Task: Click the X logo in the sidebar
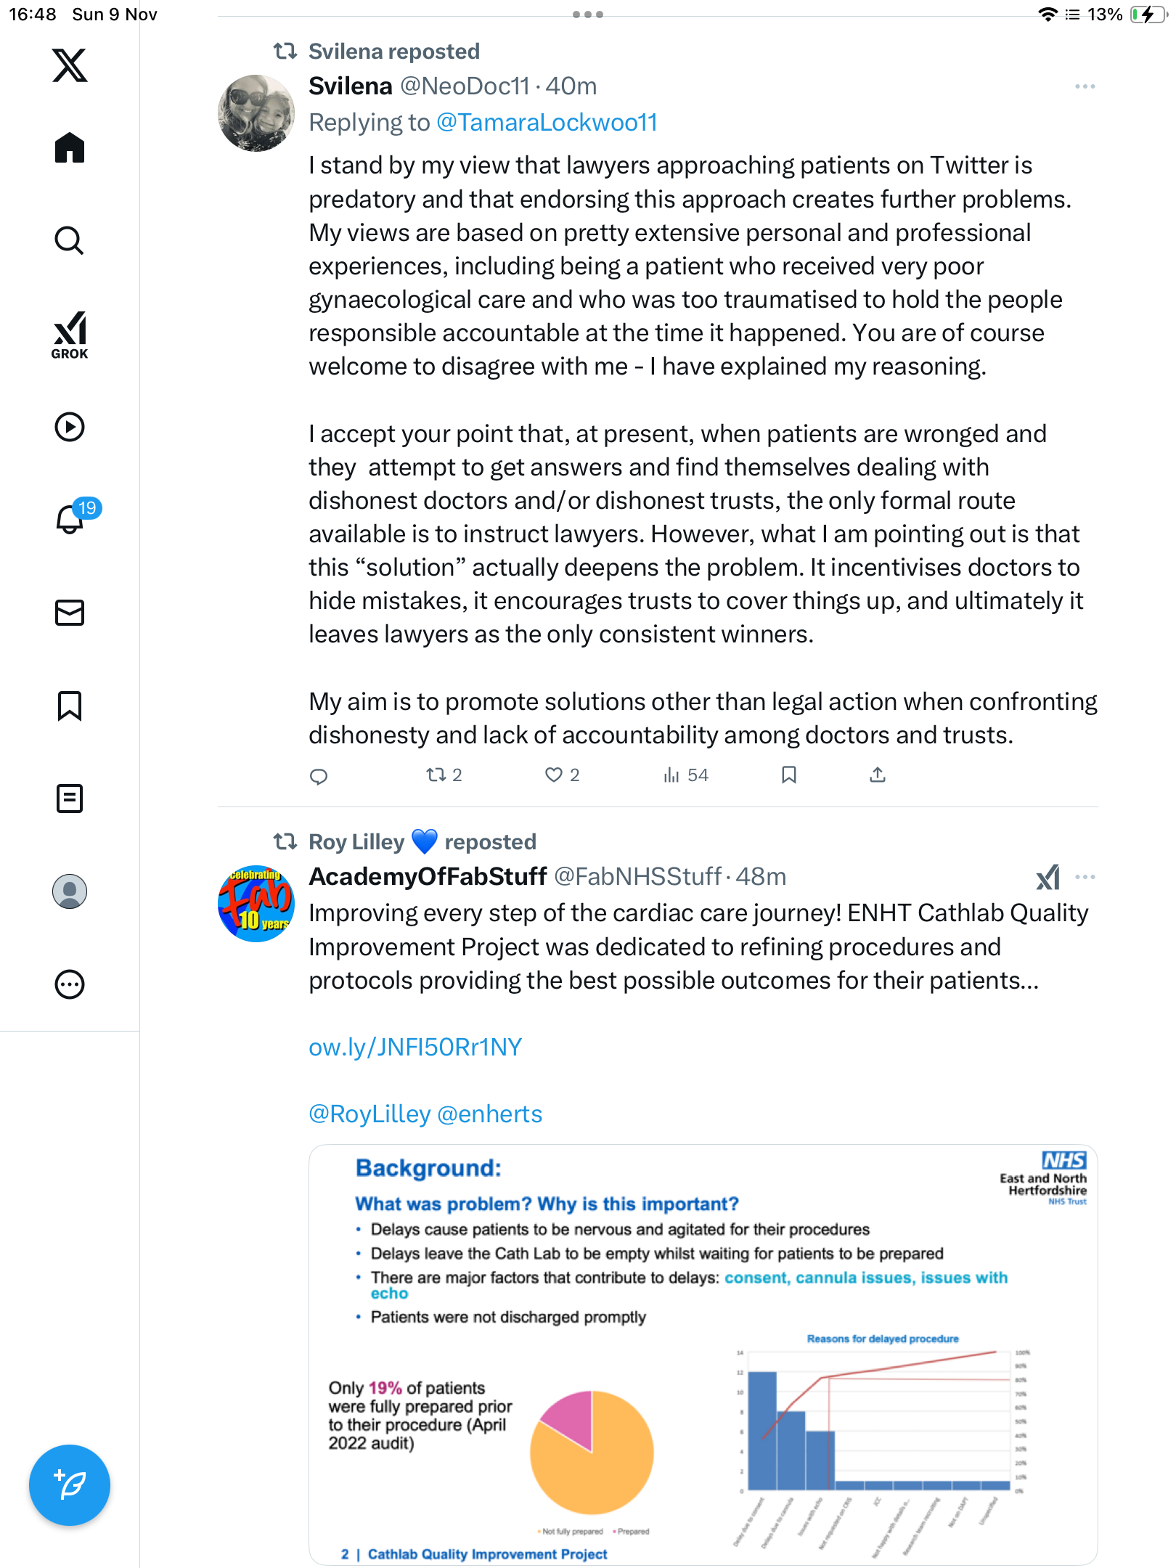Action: pyautogui.click(x=70, y=65)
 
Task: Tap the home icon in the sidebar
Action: pyautogui.click(x=70, y=148)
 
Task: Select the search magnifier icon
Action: pyautogui.click(x=70, y=240)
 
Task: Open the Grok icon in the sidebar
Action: pyautogui.click(x=70, y=335)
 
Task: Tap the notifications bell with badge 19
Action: pyautogui.click(x=70, y=519)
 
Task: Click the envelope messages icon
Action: pyautogui.click(x=70, y=613)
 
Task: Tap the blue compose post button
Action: pyautogui.click(x=70, y=1485)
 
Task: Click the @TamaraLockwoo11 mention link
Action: pyautogui.click(x=547, y=123)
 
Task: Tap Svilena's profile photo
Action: pyautogui.click(x=256, y=113)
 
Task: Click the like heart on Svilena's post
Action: pyautogui.click(x=553, y=775)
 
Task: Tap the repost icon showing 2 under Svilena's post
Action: pyautogui.click(x=436, y=775)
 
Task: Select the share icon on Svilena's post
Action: pyautogui.click(x=877, y=775)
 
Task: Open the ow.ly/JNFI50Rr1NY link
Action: pyautogui.click(x=415, y=1047)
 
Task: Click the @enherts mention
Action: pyautogui.click(x=490, y=1114)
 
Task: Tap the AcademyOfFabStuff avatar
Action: pyautogui.click(x=256, y=904)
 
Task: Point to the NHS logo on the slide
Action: pyautogui.click(x=1063, y=1160)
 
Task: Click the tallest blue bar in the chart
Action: pyautogui.click(x=762, y=1430)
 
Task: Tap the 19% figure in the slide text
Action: pyautogui.click(x=385, y=1388)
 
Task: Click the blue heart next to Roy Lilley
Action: pyautogui.click(x=425, y=841)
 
